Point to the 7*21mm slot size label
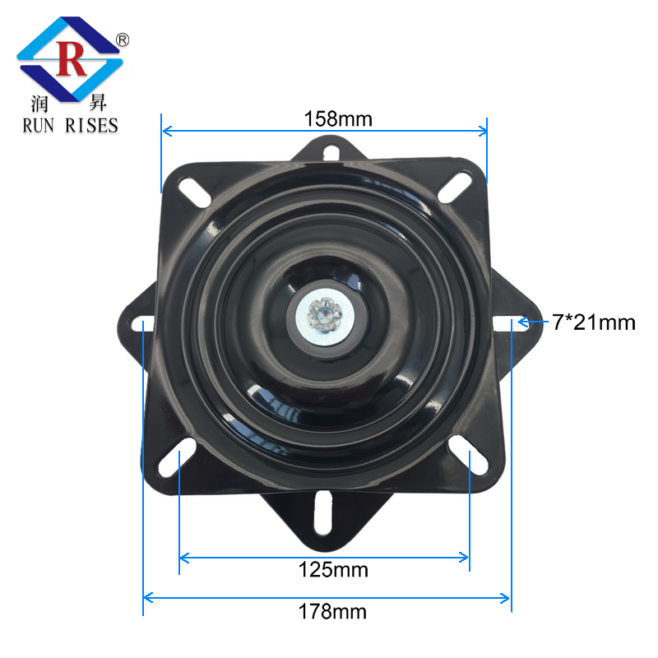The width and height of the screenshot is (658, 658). click(594, 322)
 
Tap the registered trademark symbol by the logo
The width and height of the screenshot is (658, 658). click(122, 39)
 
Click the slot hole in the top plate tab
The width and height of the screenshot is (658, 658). click(330, 151)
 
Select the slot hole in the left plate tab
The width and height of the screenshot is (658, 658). click(141, 322)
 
